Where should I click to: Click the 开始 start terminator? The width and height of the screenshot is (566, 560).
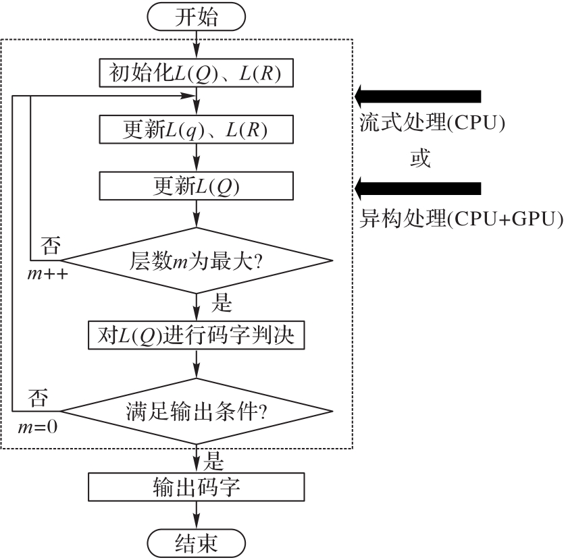click(x=197, y=18)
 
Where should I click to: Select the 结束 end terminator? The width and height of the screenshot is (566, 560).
click(x=197, y=542)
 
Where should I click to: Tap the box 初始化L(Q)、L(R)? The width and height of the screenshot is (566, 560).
click(x=197, y=74)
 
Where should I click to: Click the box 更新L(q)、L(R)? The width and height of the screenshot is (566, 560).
click(x=197, y=129)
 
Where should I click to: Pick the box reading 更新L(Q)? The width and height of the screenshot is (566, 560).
click(x=197, y=184)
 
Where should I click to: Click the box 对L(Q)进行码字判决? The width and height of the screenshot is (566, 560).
click(x=197, y=335)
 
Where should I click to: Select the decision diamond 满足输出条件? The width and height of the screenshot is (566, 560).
click(x=197, y=411)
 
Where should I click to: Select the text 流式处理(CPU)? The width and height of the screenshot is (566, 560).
click(x=432, y=125)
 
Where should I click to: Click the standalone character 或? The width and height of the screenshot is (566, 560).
click(x=420, y=160)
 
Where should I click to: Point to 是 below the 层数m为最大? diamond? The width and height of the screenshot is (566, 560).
click(x=222, y=304)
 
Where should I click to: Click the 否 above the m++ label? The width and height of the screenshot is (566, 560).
click(x=52, y=244)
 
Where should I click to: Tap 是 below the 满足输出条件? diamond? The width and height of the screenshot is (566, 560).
click(x=214, y=461)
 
